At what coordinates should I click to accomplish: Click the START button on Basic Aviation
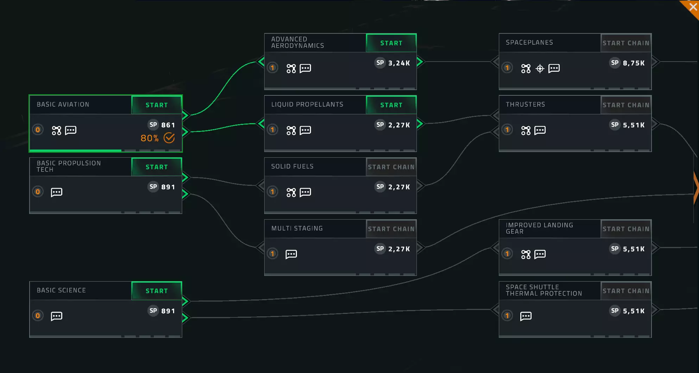click(157, 105)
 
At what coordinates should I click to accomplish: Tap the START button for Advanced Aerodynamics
click(391, 43)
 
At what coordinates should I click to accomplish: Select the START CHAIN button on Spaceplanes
click(626, 43)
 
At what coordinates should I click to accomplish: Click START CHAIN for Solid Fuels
click(391, 167)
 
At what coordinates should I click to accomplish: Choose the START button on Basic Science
click(157, 291)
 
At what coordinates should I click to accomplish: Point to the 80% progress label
click(150, 138)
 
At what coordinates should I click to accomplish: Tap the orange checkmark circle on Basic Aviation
click(169, 138)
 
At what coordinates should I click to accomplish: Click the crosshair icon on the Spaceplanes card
click(540, 69)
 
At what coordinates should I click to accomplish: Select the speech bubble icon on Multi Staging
click(291, 254)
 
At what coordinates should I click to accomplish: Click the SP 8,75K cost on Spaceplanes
click(627, 63)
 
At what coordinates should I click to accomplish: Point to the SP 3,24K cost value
click(393, 63)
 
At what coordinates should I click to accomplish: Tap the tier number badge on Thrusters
click(507, 130)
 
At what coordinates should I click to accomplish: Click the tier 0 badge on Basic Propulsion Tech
click(38, 192)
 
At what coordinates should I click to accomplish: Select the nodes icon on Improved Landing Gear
click(526, 254)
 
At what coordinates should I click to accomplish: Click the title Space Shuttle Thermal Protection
click(544, 290)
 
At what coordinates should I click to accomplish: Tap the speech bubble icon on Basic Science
click(57, 316)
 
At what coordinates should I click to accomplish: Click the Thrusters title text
click(525, 105)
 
